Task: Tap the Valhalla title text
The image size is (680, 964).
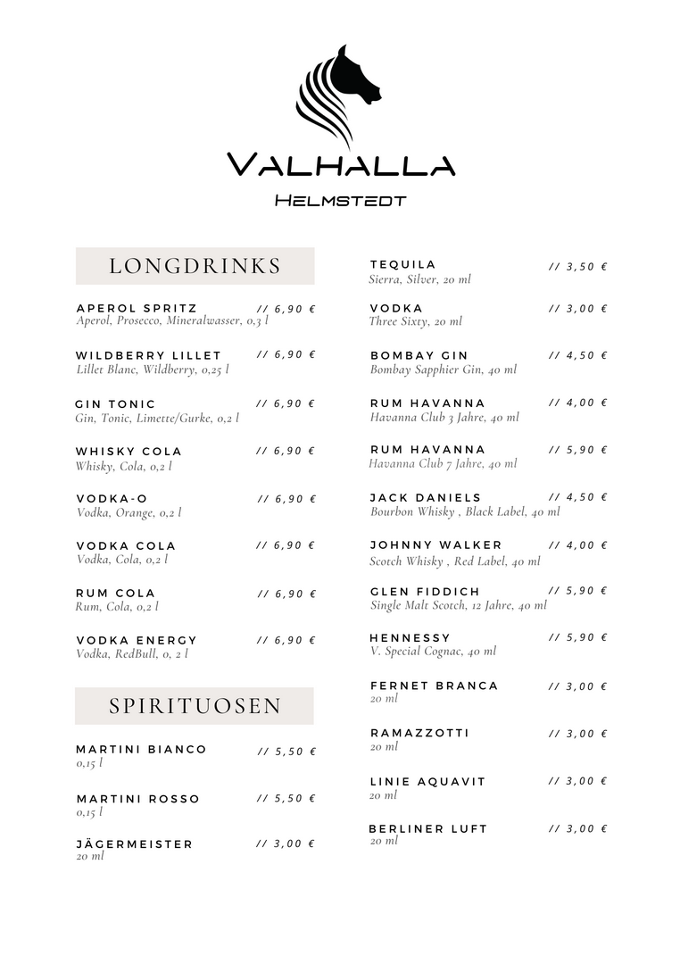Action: click(x=340, y=165)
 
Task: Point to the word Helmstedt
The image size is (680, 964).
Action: click(x=340, y=201)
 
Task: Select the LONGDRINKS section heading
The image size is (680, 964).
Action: click(x=195, y=266)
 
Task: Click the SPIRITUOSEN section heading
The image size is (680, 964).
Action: click(x=195, y=706)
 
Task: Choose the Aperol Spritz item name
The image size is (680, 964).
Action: click(x=137, y=309)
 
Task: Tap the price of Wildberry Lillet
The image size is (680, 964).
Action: click(x=286, y=354)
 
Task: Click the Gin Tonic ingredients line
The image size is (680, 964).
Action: click(x=157, y=418)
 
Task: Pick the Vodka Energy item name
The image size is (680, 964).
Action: click(x=137, y=640)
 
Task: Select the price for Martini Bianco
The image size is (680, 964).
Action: click(x=286, y=752)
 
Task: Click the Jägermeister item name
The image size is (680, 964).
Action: click(x=134, y=843)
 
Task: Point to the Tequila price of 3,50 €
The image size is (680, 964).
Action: click(x=577, y=266)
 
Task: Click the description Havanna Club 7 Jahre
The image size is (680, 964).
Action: click(x=443, y=463)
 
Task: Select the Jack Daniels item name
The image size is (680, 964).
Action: click(x=426, y=497)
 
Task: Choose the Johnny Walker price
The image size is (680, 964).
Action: click(x=577, y=544)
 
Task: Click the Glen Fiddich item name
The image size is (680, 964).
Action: click(x=425, y=592)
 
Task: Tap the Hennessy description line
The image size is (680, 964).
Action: click(x=433, y=651)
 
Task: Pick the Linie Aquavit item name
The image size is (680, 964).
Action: click(x=427, y=781)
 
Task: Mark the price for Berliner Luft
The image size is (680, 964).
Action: click(x=577, y=828)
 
